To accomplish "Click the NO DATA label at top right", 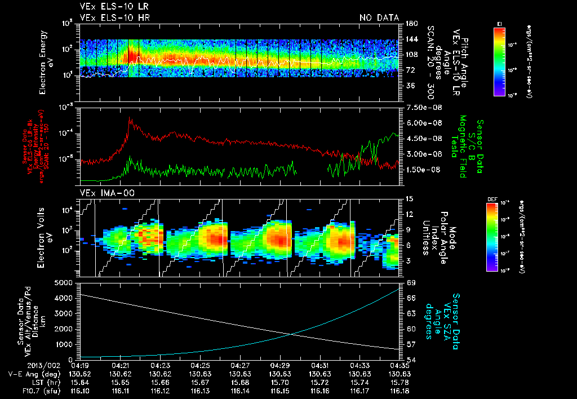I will click(x=379, y=18).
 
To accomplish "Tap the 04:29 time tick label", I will click(x=280, y=365).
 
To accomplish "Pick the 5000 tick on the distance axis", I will click(x=65, y=282).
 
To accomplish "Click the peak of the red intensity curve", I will click(x=130, y=118).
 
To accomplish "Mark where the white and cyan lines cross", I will click(x=292, y=334).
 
